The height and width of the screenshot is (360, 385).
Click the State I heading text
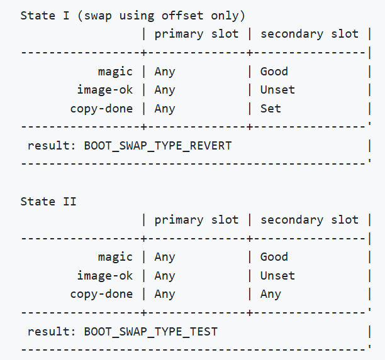coord(132,15)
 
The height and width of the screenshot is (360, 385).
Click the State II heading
coord(48,201)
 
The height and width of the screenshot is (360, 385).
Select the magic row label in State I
coord(115,71)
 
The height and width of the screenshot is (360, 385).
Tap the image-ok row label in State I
coord(104,90)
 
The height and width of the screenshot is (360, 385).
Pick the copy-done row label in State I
coord(101,109)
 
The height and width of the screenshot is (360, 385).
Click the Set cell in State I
coord(271,109)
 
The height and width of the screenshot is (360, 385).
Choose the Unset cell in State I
coord(277,90)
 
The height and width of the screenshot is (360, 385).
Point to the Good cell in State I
coord(274,71)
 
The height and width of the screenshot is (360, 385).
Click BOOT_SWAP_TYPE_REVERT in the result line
coord(157,146)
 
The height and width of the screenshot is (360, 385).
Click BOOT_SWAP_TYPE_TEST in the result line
coord(150,332)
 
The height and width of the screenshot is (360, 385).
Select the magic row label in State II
coord(115,257)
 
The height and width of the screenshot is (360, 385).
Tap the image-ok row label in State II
coord(104,275)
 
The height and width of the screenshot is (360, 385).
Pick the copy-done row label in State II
coord(101,294)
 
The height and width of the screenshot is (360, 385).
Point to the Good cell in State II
coord(274,257)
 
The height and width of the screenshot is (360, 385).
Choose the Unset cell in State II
coord(277,275)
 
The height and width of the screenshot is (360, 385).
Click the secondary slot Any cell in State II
coord(271,294)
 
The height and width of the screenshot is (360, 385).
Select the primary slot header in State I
coord(196,34)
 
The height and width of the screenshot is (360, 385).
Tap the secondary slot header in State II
coord(309,220)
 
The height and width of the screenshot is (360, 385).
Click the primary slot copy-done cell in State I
coord(164,109)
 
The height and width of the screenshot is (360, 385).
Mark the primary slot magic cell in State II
coord(164,257)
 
